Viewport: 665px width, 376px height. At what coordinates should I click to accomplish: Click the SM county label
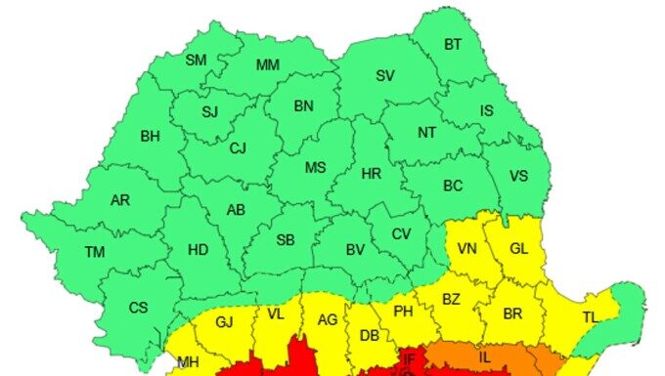[x=197, y=60]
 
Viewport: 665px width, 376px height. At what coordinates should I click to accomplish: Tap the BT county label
[x=453, y=44]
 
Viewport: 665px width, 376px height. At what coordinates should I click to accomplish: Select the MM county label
[x=267, y=65]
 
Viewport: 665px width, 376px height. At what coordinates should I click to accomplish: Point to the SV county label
[x=385, y=75]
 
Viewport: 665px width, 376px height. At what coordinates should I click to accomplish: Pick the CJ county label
[x=239, y=149]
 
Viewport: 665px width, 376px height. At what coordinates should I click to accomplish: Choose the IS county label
[x=486, y=110]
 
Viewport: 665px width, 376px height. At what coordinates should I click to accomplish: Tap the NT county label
[x=426, y=133]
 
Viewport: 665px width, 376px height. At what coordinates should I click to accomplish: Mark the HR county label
[x=372, y=174]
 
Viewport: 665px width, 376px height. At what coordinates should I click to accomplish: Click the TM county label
[x=94, y=252]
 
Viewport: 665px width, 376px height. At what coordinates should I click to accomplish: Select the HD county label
[x=198, y=250]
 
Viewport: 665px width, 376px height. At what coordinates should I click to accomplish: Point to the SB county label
[x=286, y=240]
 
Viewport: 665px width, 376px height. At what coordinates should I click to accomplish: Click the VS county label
[x=519, y=177]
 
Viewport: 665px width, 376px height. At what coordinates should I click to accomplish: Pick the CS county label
[x=139, y=308]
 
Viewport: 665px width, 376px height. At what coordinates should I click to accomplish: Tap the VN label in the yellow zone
[x=467, y=249]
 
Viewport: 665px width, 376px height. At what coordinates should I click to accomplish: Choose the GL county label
[x=518, y=249]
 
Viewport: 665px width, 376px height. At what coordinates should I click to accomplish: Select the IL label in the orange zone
[x=485, y=357]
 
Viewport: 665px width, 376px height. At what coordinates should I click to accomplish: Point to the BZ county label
[x=451, y=299]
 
